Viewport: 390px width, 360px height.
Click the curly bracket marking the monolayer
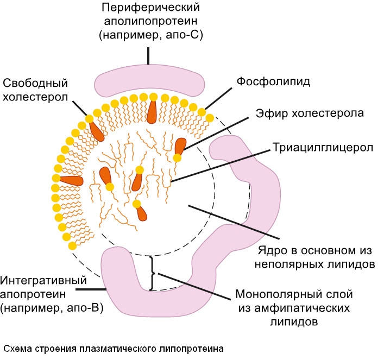[x=154, y=273]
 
